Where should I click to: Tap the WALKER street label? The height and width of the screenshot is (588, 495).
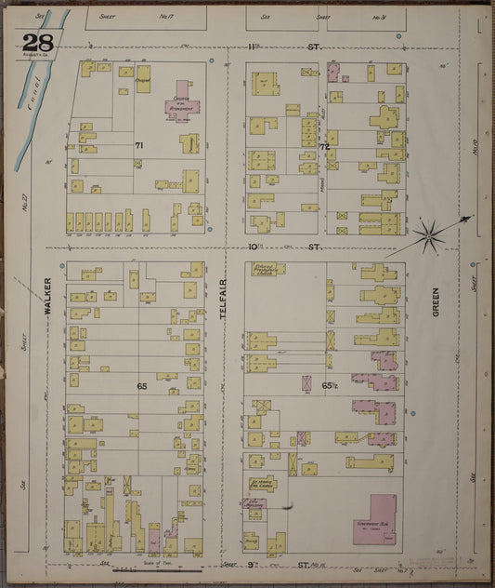(x=46, y=306)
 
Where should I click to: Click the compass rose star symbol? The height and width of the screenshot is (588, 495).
(x=428, y=234)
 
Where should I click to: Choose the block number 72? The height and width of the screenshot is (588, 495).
(x=324, y=147)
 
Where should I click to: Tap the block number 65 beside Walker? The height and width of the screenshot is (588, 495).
(x=142, y=384)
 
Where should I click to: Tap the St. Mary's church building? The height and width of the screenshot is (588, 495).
(x=263, y=484)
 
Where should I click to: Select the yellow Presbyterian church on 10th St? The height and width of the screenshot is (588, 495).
(x=267, y=270)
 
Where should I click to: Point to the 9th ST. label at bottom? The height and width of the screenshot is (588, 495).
(x=306, y=564)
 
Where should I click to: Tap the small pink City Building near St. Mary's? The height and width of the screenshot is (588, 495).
(x=254, y=503)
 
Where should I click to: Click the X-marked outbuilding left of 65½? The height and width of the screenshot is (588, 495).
(x=306, y=382)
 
